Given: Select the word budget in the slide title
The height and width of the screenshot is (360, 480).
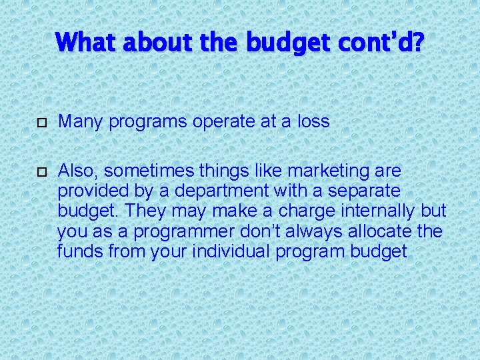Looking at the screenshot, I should (288, 44).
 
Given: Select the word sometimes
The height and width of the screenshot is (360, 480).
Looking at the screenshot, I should (144, 171).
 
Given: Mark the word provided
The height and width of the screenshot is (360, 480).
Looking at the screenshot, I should (94, 191).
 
